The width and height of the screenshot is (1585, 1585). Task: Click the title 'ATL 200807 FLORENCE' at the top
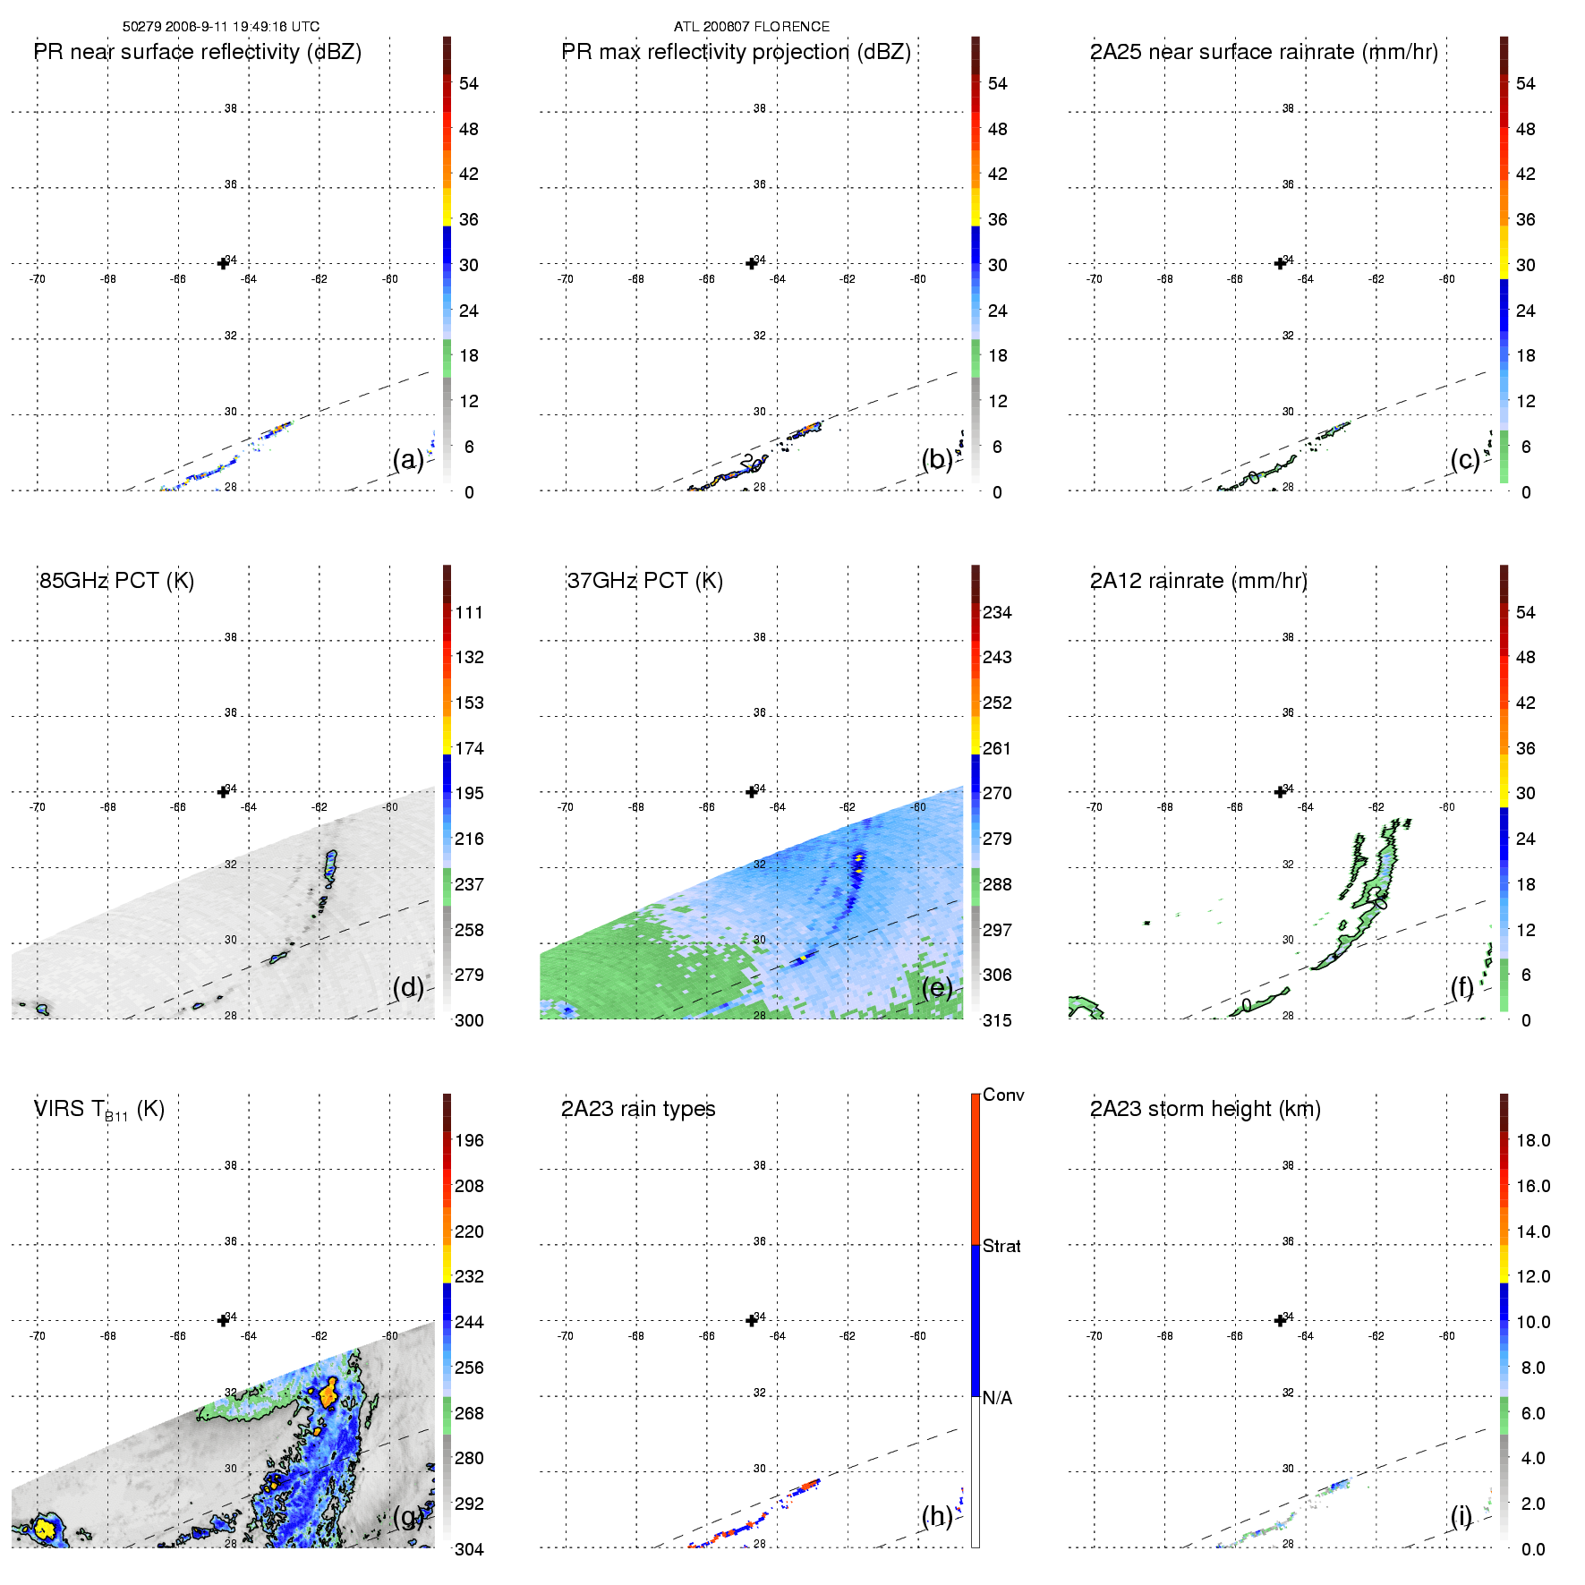point(751,27)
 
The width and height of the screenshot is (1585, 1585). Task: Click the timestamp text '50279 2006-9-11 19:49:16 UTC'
point(220,27)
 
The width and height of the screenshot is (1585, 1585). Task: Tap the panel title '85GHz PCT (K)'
point(116,581)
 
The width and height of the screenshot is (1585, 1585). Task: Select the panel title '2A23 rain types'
point(638,1109)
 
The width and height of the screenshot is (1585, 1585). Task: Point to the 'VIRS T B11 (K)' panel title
point(98,1110)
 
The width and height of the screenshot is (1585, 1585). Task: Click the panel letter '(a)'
point(408,460)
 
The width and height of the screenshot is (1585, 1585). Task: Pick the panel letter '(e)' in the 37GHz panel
point(937,988)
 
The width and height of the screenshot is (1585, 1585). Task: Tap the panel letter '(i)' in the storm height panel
point(1461,1516)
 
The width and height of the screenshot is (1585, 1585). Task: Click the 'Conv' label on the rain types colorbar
point(1003,1095)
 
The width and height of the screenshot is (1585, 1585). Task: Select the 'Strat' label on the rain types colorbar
point(1001,1247)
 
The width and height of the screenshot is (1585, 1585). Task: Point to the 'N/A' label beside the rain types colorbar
point(997,1398)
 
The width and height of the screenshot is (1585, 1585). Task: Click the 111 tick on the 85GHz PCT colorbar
point(469,613)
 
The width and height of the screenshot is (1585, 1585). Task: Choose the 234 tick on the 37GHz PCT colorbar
point(997,613)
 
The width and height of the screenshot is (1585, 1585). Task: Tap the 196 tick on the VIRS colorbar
point(469,1141)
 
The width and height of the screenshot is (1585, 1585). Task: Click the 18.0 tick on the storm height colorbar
point(1533,1141)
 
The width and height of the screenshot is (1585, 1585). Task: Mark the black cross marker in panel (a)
point(223,263)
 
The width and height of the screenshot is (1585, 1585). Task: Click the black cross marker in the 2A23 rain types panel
point(752,1321)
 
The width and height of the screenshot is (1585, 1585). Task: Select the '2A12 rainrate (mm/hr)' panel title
point(1198,581)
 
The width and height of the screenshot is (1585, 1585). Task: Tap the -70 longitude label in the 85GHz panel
point(37,807)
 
